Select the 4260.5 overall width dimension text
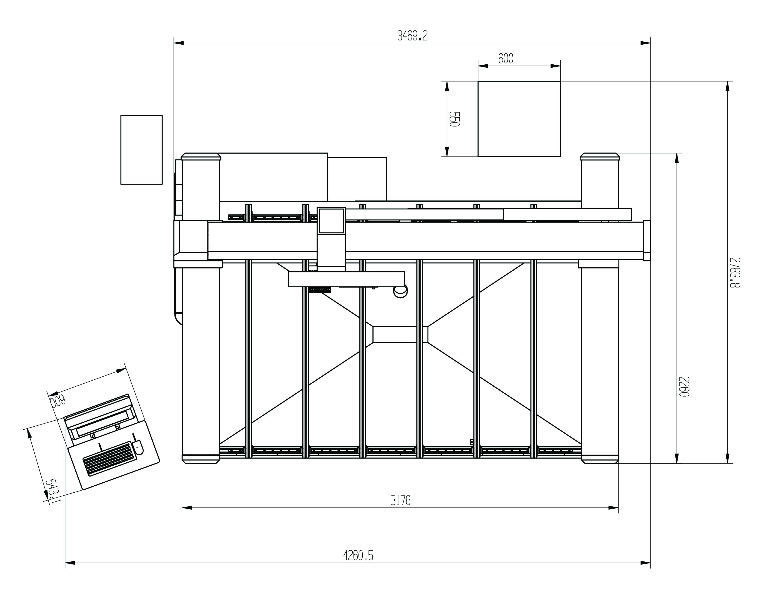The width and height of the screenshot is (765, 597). [x=358, y=555]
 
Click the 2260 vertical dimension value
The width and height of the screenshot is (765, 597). [x=684, y=387]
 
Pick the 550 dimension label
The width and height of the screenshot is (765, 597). [x=454, y=119]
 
